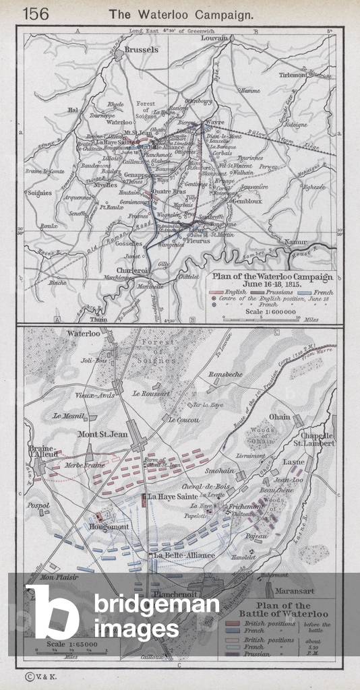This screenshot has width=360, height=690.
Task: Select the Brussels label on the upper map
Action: tap(141, 50)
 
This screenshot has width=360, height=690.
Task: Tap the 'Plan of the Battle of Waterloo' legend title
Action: tap(283, 608)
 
